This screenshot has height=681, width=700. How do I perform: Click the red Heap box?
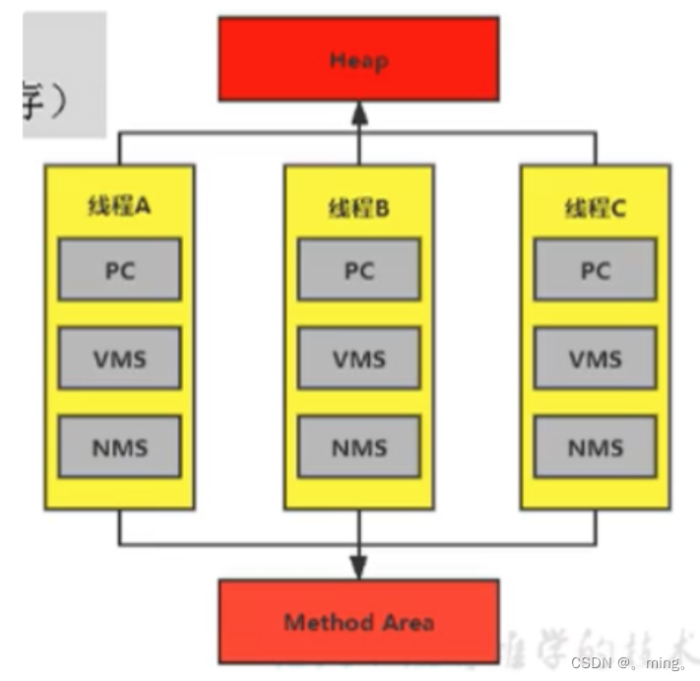tap(358, 59)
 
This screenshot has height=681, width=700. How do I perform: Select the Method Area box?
tap(358, 621)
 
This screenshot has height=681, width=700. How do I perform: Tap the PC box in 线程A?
tap(119, 269)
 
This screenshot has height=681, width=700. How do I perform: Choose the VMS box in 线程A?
tap(119, 358)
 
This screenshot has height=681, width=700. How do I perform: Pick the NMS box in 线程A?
tap(119, 446)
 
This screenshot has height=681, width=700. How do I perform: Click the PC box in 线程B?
tap(358, 269)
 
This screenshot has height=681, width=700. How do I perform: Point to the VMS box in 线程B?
tap(358, 358)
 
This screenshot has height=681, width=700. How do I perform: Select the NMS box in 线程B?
tap(358, 446)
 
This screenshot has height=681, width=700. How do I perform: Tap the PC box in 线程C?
tap(595, 269)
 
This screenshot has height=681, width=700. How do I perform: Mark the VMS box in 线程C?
tap(595, 358)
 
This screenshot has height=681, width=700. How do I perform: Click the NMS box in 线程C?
tap(595, 446)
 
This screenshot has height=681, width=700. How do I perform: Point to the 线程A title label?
tap(119, 208)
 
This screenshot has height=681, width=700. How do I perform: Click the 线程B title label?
tap(358, 208)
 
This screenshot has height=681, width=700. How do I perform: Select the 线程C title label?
tap(595, 208)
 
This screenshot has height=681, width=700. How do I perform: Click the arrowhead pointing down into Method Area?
tap(358, 569)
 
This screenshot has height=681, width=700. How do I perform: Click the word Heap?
tap(358, 60)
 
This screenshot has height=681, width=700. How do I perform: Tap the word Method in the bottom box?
tap(320, 622)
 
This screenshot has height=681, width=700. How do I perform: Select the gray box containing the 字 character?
tap(63, 75)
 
